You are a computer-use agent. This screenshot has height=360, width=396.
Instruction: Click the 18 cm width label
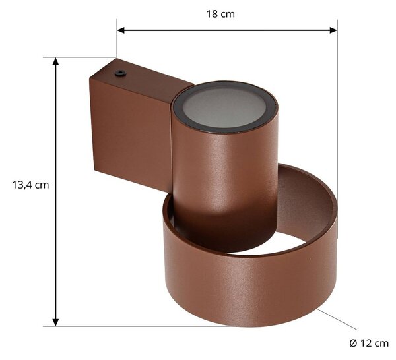point(220,14)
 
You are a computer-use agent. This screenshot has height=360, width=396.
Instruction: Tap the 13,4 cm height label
point(30,185)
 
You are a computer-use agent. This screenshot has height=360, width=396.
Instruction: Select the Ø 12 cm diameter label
point(369,344)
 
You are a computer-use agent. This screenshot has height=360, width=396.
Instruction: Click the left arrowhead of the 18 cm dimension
point(121,30)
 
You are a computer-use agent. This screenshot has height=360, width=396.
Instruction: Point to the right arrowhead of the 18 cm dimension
point(333,30)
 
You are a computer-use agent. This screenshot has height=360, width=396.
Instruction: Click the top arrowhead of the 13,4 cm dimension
point(55,61)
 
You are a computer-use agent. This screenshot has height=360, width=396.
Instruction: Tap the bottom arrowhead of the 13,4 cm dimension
point(55,322)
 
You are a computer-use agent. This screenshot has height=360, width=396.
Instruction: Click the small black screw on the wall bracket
point(121,73)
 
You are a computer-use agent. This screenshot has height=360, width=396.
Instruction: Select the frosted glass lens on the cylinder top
point(224,106)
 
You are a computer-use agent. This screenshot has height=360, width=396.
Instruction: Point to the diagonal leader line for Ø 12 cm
point(338,319)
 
